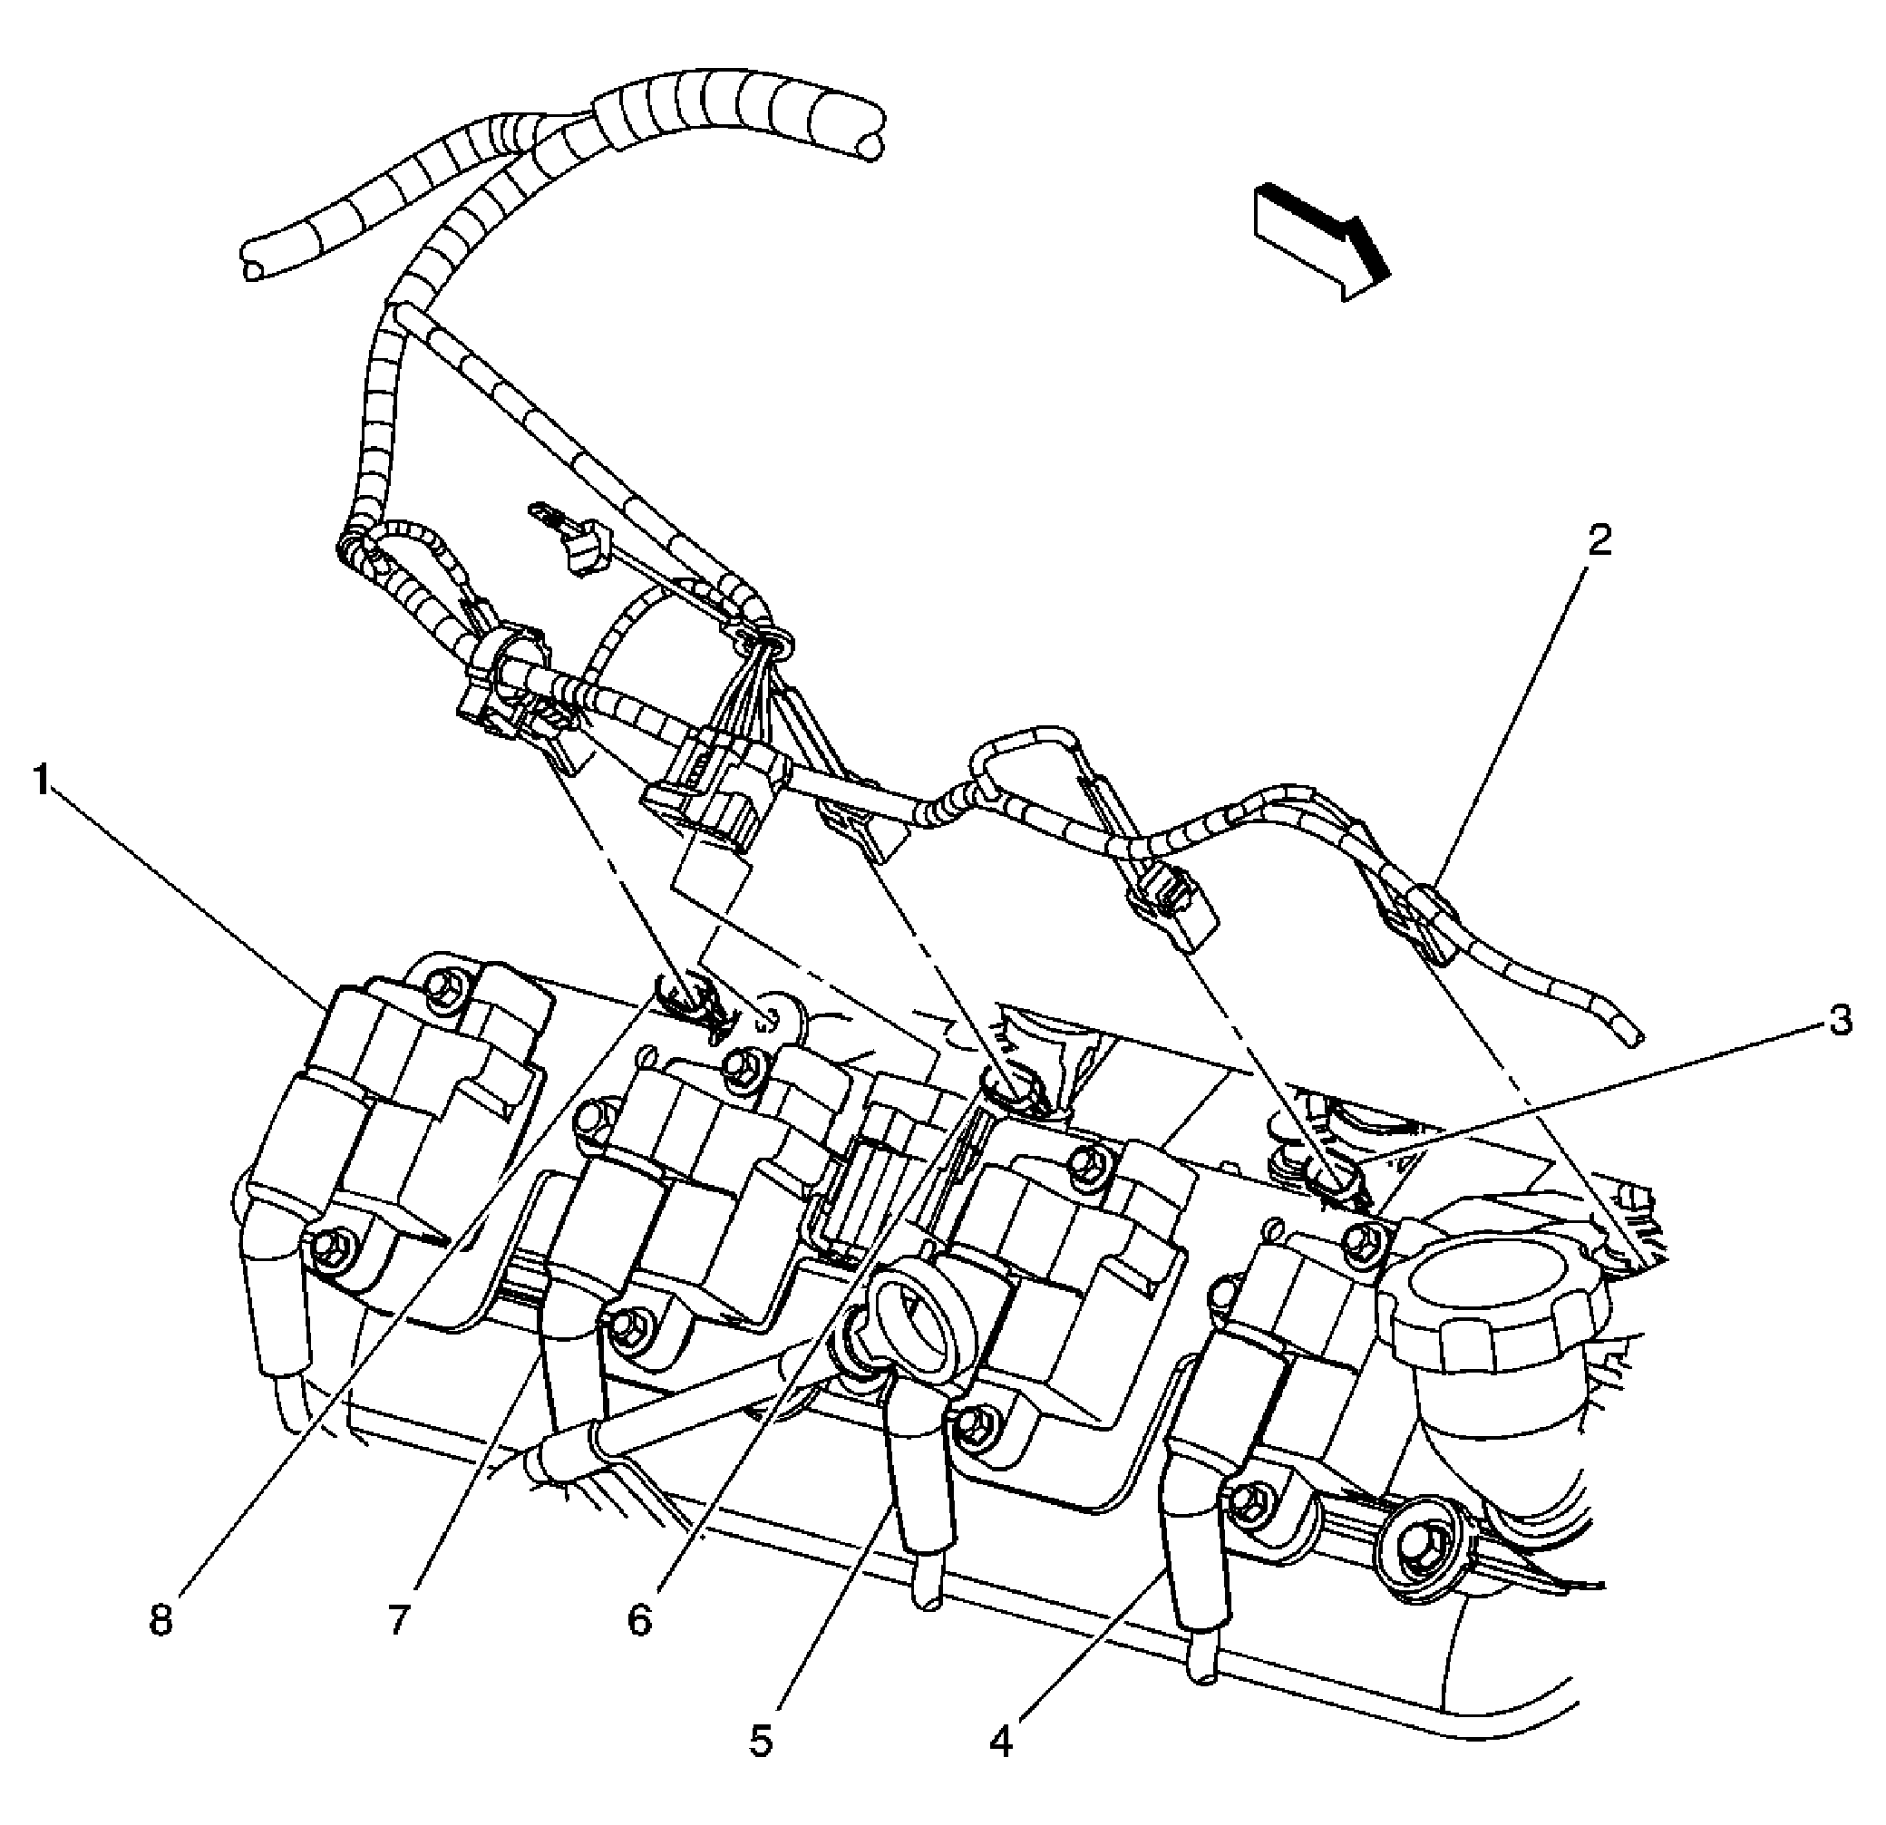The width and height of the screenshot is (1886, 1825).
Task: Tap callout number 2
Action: [x=1599, y=540]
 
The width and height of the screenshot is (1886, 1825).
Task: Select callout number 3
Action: [x=1840, y=1021]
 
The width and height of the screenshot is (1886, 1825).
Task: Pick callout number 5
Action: [x=761, y=1768]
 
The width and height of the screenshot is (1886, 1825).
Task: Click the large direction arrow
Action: [x=1321, y=238]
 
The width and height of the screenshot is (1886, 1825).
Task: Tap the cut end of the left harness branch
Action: [x=252, y=267]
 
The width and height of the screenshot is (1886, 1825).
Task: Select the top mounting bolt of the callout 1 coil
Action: [x=444, y=983]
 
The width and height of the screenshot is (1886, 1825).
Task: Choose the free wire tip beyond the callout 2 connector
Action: [x=1633, y=1036]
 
